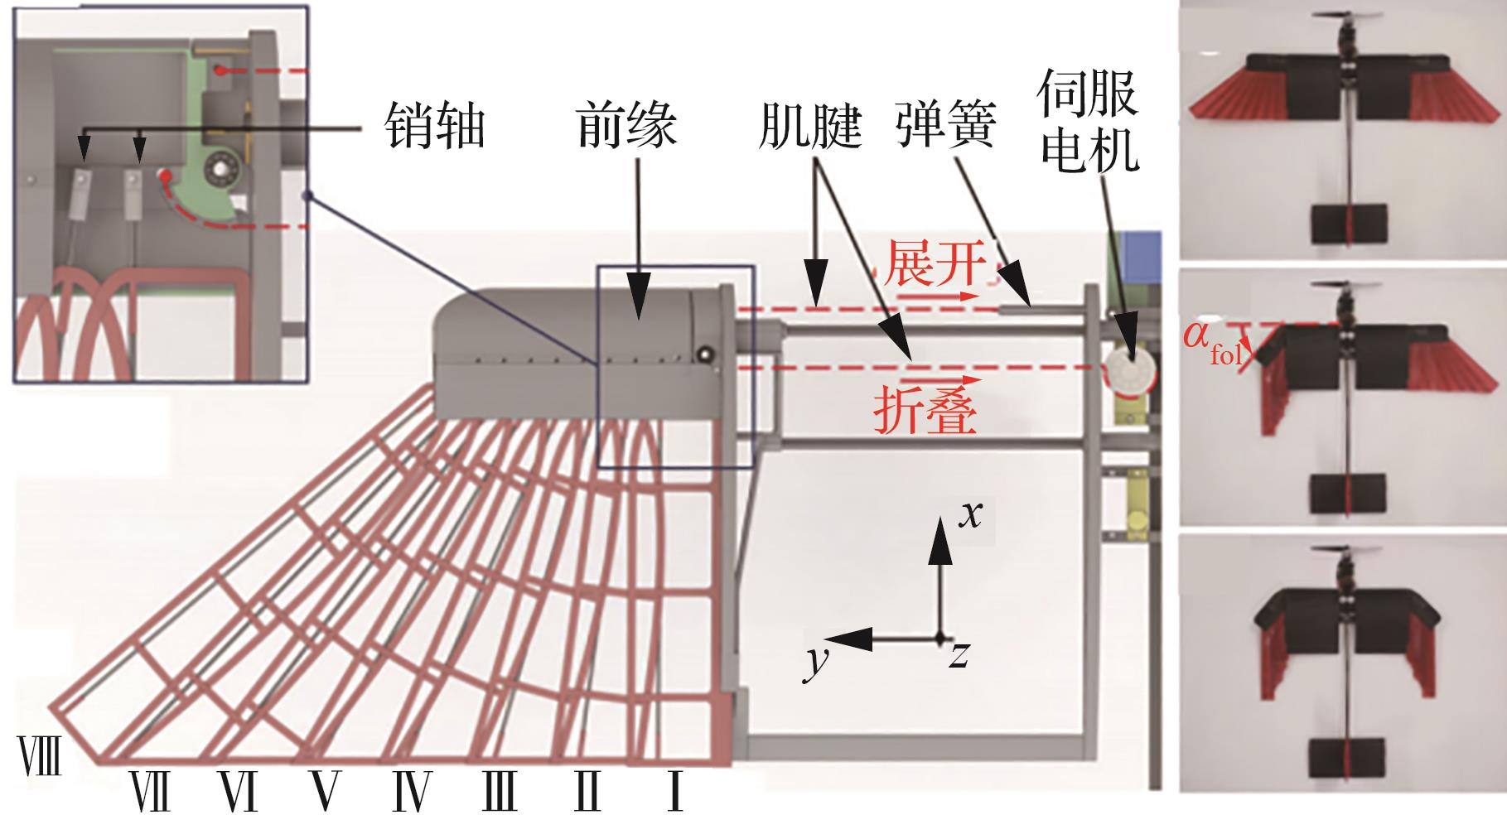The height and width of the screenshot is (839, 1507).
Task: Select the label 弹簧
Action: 944,127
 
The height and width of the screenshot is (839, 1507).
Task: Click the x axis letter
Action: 970,514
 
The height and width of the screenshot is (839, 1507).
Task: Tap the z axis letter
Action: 959,655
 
